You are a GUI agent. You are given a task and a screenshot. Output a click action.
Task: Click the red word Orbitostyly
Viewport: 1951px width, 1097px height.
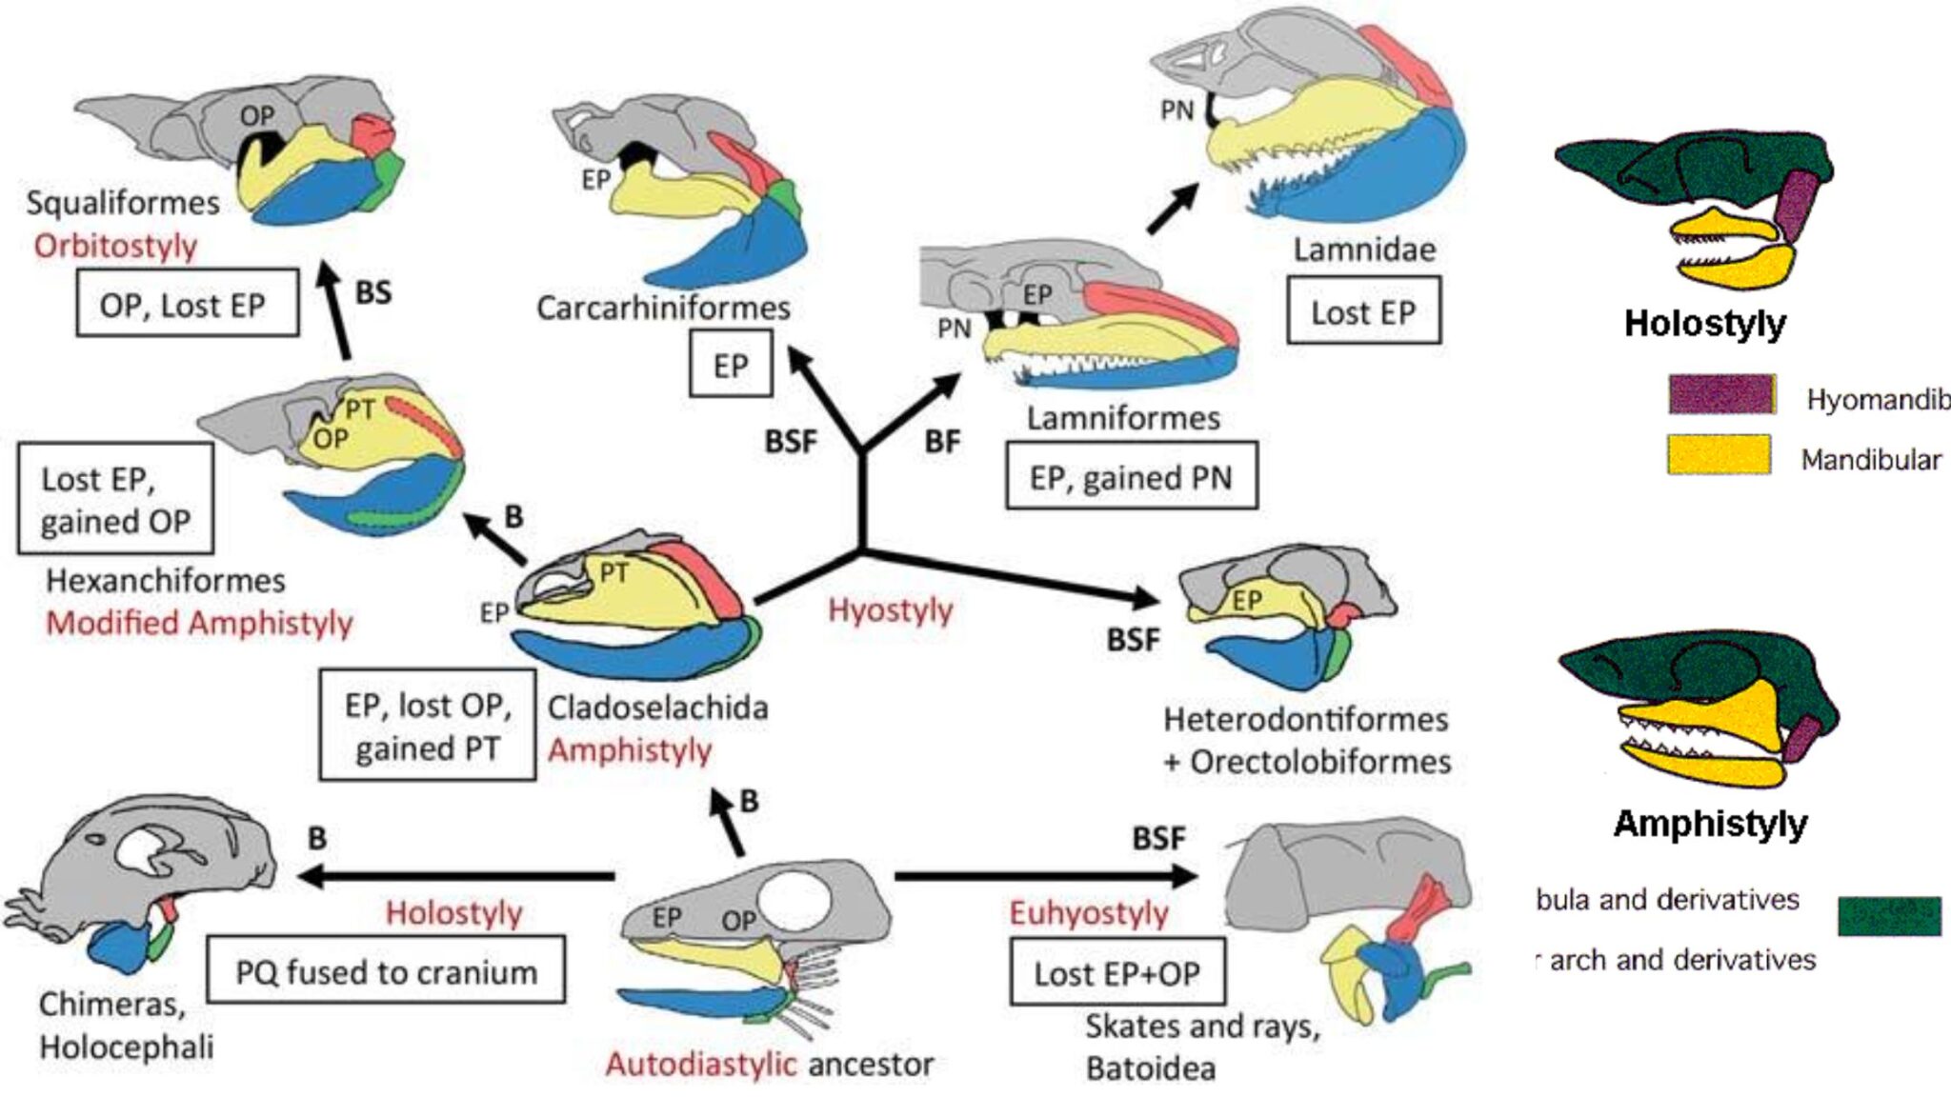[115, 246]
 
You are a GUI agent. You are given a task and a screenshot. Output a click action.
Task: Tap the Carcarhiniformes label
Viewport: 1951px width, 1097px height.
[663, 308]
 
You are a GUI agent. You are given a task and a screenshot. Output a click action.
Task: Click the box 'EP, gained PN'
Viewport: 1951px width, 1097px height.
[1131, 476]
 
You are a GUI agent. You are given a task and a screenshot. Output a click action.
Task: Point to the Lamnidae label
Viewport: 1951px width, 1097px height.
[1363, 249]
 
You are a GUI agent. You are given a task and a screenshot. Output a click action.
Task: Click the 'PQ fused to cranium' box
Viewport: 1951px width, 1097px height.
[386, 971]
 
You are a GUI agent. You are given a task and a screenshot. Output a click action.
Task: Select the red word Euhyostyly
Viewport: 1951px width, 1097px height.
[1088, 913]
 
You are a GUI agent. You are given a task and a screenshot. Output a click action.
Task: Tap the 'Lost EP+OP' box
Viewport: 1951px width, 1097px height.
[1116, 973]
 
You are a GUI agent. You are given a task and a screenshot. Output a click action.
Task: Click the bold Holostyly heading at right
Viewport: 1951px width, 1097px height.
[1704, 323]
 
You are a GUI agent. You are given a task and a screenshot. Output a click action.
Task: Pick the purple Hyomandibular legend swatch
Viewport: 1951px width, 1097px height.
[1721, 394]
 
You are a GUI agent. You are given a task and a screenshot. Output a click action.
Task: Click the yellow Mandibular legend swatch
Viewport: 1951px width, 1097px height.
[1719, 455]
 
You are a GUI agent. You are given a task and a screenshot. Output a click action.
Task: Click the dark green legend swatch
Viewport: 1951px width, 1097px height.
[1888, 916]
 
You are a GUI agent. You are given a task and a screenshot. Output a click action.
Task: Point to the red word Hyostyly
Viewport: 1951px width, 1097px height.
[890, 609]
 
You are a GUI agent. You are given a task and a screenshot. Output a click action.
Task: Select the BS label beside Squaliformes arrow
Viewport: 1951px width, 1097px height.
[373, 292]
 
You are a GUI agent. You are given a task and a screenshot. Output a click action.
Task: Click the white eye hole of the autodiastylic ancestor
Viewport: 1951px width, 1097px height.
[794, 901]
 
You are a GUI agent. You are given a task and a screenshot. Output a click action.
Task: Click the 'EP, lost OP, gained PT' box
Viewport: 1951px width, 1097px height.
[427, 726]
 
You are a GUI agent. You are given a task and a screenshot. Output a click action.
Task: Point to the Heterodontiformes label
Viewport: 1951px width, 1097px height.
[1305, 719]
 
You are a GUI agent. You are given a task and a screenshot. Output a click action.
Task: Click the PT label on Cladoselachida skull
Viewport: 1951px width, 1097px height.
[613, 572]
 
